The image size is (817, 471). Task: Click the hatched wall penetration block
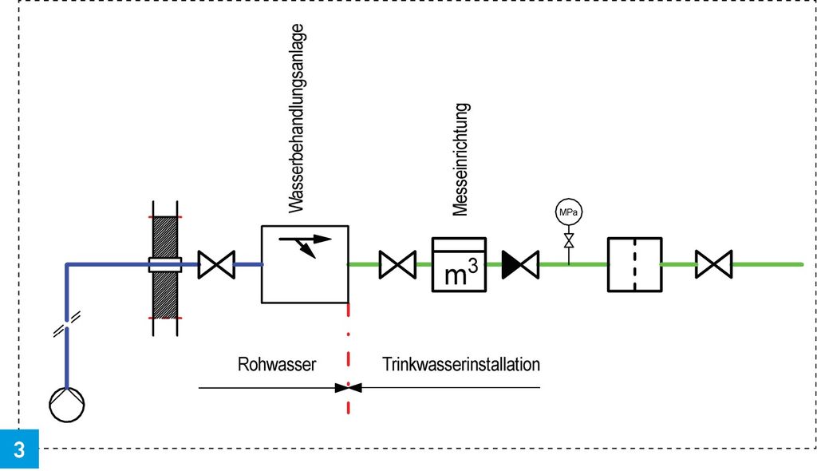165,265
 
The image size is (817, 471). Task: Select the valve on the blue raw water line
216,264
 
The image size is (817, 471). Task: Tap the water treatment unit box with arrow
306,263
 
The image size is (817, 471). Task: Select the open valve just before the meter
397,264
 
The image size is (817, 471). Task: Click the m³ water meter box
459,264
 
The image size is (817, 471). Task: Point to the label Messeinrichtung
460,160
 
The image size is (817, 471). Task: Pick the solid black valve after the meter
521,264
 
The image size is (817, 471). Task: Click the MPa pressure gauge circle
568,213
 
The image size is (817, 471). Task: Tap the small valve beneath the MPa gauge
568,241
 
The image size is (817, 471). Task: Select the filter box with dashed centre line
634,264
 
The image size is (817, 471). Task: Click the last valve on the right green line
713,264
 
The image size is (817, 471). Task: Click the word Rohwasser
277,365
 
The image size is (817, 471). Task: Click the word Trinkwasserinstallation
461,365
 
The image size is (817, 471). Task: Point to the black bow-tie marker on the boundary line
349,388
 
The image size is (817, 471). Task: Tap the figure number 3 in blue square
19,449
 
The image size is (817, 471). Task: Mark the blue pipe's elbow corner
67,265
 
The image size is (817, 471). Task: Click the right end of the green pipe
800,264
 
